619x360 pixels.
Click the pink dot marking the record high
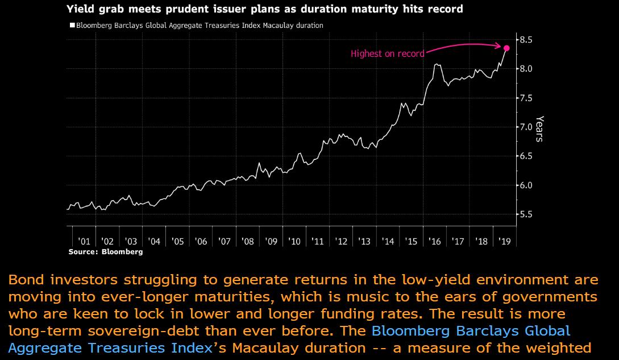click(x=507, y=48)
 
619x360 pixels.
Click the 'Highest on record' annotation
click(x=387, y=54)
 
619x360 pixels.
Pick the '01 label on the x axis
click(x=84, y=242)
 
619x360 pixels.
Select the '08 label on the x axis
click(x=247, y=242)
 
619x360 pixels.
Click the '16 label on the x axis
click(x=434, y=242)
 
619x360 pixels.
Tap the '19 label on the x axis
click(x=504, y=242)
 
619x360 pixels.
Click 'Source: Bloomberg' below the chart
click(x=106, y=251)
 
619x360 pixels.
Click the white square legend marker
click(x=71, y=25)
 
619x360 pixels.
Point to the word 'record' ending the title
click(x=446, y=9)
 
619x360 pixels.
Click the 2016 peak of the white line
click(x=436, y=64)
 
